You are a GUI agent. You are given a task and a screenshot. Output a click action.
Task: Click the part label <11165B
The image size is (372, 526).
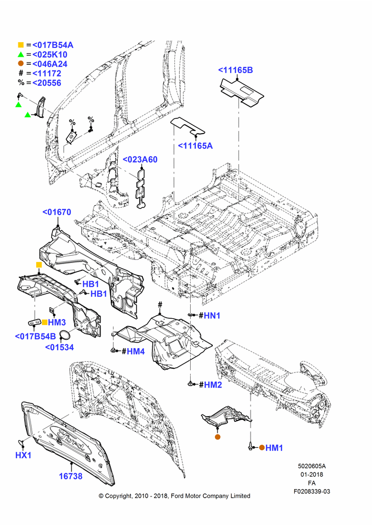[x=235, y=70]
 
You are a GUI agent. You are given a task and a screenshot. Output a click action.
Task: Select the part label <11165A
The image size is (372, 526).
[x=195, y=146]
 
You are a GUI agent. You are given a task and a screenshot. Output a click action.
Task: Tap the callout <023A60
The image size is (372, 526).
[x=140, y=159]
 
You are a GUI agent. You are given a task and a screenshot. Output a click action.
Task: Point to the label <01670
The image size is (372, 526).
[x=57, y=212]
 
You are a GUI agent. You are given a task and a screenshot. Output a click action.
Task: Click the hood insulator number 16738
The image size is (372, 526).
[x=71, y=476]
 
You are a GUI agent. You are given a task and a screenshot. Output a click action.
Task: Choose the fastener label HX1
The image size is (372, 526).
[x=24, y=455]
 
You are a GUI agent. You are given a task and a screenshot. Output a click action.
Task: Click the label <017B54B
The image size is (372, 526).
[x=36, y=336]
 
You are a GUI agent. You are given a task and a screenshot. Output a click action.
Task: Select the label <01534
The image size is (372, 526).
[x=59, y=347]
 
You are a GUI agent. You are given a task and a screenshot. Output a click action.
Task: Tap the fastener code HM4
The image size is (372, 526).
[x=136, y=351]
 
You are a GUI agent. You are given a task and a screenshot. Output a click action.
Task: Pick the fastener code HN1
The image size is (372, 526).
[x=212, y=315]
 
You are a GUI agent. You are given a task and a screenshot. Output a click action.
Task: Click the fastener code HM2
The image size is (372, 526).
[x=213, y=385]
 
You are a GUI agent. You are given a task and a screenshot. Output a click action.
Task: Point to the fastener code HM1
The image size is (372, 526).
[x=274, y=448]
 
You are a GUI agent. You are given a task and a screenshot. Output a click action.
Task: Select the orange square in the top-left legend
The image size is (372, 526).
[x=21, y=45]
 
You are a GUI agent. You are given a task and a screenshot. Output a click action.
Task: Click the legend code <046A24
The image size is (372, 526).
[x=50, y=64]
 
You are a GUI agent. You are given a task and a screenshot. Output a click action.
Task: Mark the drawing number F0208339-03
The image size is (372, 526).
[x=312, y=491]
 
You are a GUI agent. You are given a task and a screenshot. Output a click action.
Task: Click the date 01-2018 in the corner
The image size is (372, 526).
[x=312, y=474]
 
